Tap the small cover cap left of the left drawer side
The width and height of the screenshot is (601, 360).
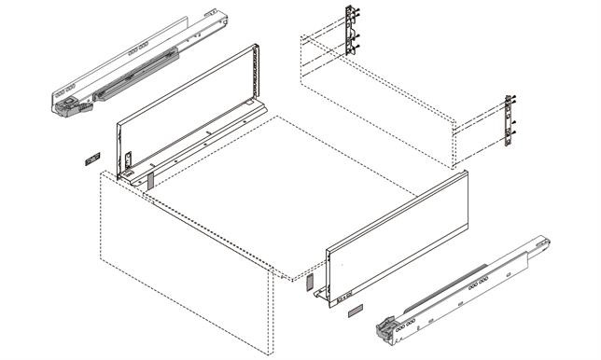tap(90, 160)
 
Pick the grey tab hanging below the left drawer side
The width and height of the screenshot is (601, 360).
tap(150, 177)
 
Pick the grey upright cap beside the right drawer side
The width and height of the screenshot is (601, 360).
tap(311, 283)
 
